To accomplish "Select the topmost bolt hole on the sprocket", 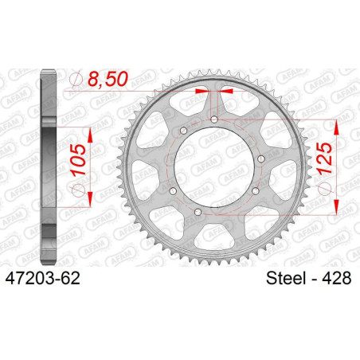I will coord(215,120).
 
